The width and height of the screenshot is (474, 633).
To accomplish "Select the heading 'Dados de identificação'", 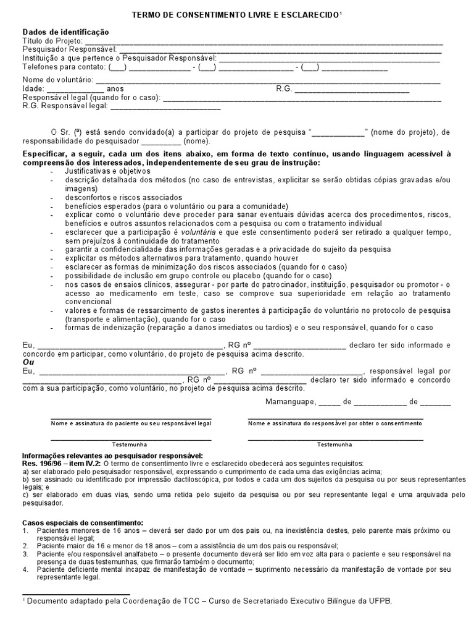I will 65,32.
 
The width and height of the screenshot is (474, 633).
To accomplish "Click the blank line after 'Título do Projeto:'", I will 259,42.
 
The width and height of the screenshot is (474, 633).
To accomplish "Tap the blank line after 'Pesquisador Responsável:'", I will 280,51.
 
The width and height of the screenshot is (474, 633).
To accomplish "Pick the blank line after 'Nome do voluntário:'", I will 268,80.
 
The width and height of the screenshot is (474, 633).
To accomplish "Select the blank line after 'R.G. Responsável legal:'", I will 165,106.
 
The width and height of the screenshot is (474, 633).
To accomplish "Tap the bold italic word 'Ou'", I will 28,362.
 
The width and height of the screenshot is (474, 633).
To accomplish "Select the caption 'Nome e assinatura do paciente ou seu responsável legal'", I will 131,423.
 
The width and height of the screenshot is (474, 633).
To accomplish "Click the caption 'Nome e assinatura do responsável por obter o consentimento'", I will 335,423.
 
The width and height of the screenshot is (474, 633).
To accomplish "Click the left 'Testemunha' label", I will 130,444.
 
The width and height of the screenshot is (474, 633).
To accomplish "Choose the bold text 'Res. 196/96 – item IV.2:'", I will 62,463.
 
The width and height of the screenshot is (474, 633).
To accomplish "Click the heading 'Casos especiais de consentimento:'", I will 83,522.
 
